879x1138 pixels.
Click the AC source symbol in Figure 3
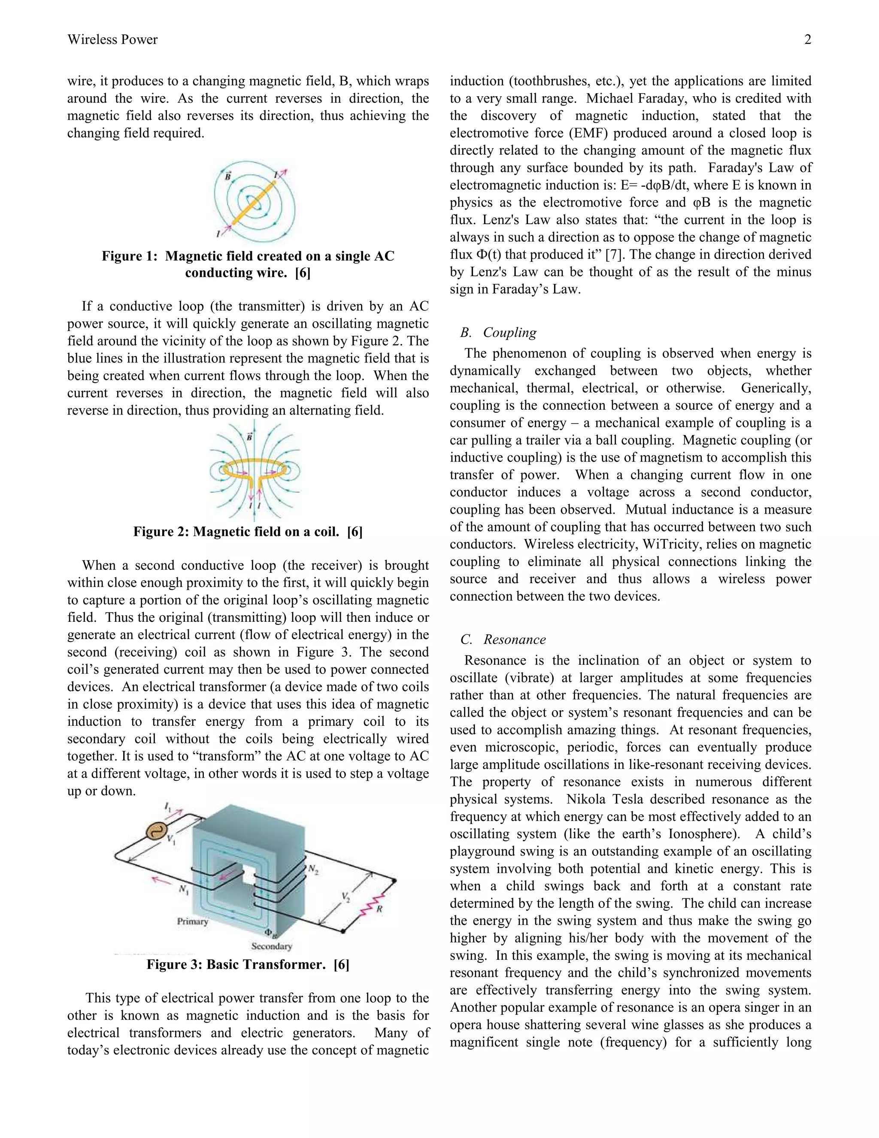click(155, 830)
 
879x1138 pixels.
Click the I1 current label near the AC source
click(168, 806)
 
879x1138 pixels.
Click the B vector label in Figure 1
click(228, 176)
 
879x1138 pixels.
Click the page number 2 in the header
click(808, 40)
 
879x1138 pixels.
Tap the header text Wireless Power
click(112, 40)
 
